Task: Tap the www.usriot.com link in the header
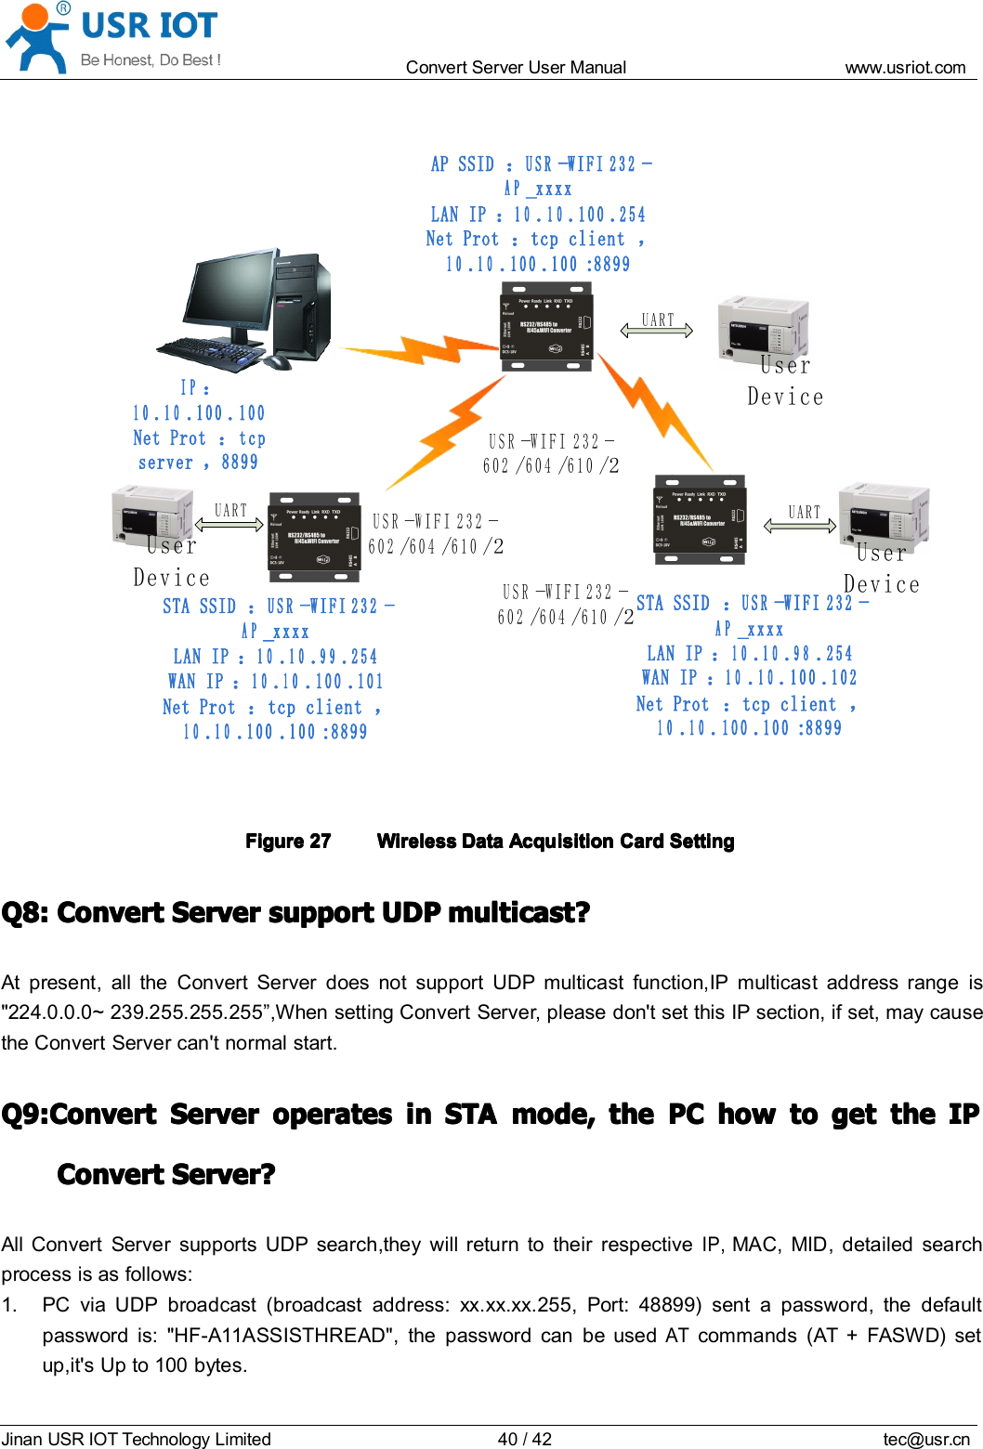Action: tap(905, 67)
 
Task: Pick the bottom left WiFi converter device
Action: tap(314, 538)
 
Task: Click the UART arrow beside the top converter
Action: tap(657, 330)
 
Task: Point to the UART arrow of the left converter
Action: tap(230, 524)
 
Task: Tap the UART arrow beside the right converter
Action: tap(800, 526)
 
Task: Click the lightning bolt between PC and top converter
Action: tap(418, 351)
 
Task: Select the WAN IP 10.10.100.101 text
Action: tap(275, 682)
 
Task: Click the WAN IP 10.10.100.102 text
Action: tap(749, 678)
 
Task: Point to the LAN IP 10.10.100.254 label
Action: tap(538, 215)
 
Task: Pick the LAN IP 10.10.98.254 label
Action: tap(749, 654)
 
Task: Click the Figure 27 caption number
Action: tap(288, 842)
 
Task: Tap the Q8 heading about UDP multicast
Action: tap(295, 913)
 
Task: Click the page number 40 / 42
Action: tap(524, 1439)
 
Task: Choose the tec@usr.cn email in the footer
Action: tap(925, 1439)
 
